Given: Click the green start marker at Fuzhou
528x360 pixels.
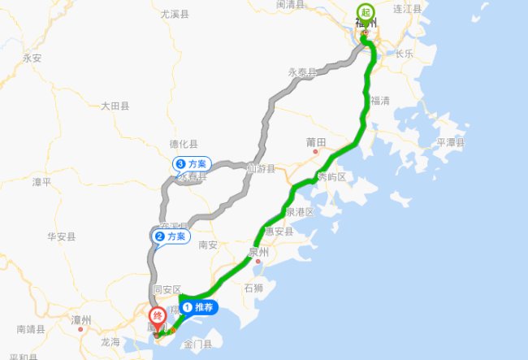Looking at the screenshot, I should [365, 11].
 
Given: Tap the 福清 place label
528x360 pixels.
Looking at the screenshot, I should [380, 101].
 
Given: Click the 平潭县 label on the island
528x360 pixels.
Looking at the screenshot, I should [451, 142].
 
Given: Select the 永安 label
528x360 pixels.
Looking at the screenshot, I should [32, 58].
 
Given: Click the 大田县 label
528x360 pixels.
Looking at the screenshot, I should [115, 106].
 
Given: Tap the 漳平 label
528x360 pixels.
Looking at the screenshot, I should [41, 182].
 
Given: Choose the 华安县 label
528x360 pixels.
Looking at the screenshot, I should [61, 236].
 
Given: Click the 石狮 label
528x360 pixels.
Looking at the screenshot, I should [253, 288].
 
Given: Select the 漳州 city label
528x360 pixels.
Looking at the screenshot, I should [81, 319].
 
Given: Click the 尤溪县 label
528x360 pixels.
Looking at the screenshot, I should [175, 15].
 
